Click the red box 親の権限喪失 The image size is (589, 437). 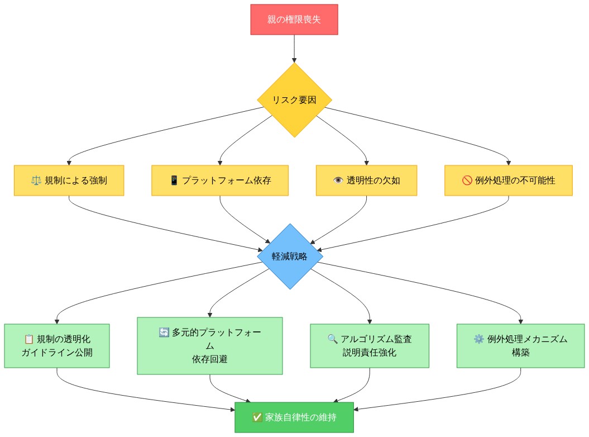[294, 20]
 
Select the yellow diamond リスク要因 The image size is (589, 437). [294, 100]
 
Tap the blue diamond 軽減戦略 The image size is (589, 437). [289, 256]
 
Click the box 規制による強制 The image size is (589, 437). [69, 180]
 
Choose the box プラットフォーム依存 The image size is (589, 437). [220, 180]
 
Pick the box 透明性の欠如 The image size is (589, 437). [366, 180]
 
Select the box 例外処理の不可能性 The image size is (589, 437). [508, 180]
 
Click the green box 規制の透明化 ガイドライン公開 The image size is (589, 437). [57, 346]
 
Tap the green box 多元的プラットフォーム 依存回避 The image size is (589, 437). [210, 346]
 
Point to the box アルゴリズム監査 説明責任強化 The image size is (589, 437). [370, 346]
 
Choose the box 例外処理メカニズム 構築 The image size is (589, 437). [520, 346]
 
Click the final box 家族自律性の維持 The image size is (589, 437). [294, 417]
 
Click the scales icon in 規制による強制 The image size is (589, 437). [37, 180]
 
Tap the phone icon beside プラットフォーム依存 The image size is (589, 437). [174, 180]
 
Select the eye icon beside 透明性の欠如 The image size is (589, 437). [339, 180]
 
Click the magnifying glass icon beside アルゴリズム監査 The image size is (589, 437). [333, 339]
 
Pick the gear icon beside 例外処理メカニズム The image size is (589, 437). [478, 339]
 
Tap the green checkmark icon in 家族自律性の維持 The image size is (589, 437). [257, 417]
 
